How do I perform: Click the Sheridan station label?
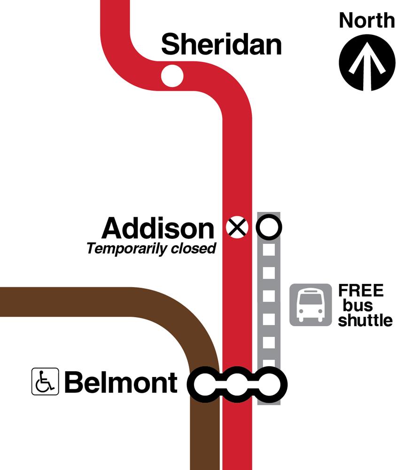[x=221, y=45]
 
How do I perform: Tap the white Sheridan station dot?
[x=172, y=75]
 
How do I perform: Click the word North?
[x=367, y=20]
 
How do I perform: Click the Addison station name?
[x=158, y=228]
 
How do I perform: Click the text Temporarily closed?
[x=151, y=249]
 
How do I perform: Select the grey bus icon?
[x=311, y=305]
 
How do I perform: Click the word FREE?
[x=361, y=290]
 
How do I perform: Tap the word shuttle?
[x=365, y=320]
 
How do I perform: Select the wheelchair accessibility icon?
[x=45, y=381]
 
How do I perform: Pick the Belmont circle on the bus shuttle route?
[x=270, y=384]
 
